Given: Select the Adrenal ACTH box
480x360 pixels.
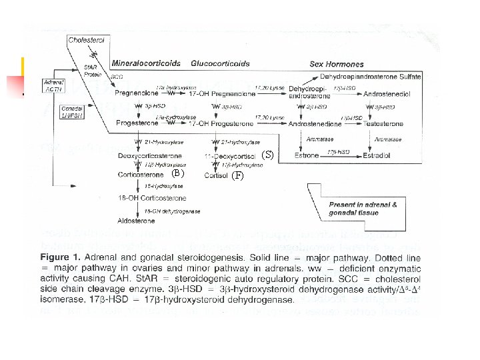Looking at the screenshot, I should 53,85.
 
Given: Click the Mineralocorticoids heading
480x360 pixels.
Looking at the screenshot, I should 146,64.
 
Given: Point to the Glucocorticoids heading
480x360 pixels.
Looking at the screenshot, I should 220,64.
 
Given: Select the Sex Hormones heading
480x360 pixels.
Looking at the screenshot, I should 337,64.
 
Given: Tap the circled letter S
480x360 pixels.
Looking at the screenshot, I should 267,155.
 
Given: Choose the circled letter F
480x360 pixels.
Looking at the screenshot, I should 238,175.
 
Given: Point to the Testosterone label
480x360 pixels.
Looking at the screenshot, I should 383,124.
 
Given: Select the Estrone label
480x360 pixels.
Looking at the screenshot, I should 307,155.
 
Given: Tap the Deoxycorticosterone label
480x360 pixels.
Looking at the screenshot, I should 147,155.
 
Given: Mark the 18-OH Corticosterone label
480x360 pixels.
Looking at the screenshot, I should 152,198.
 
